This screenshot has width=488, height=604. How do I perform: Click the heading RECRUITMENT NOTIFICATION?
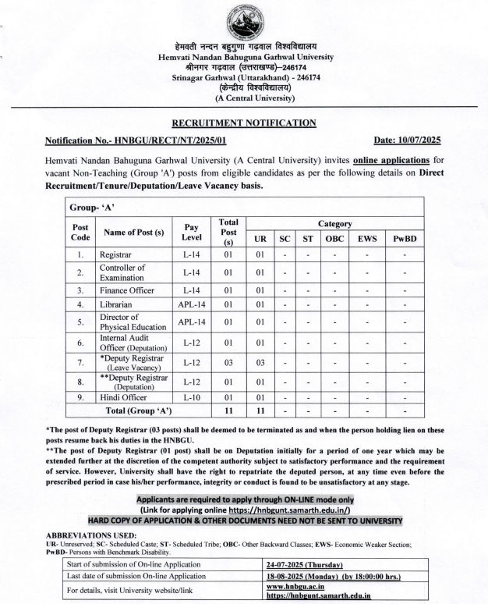[244, 123]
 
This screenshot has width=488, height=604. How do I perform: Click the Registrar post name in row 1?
[116, 254]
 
